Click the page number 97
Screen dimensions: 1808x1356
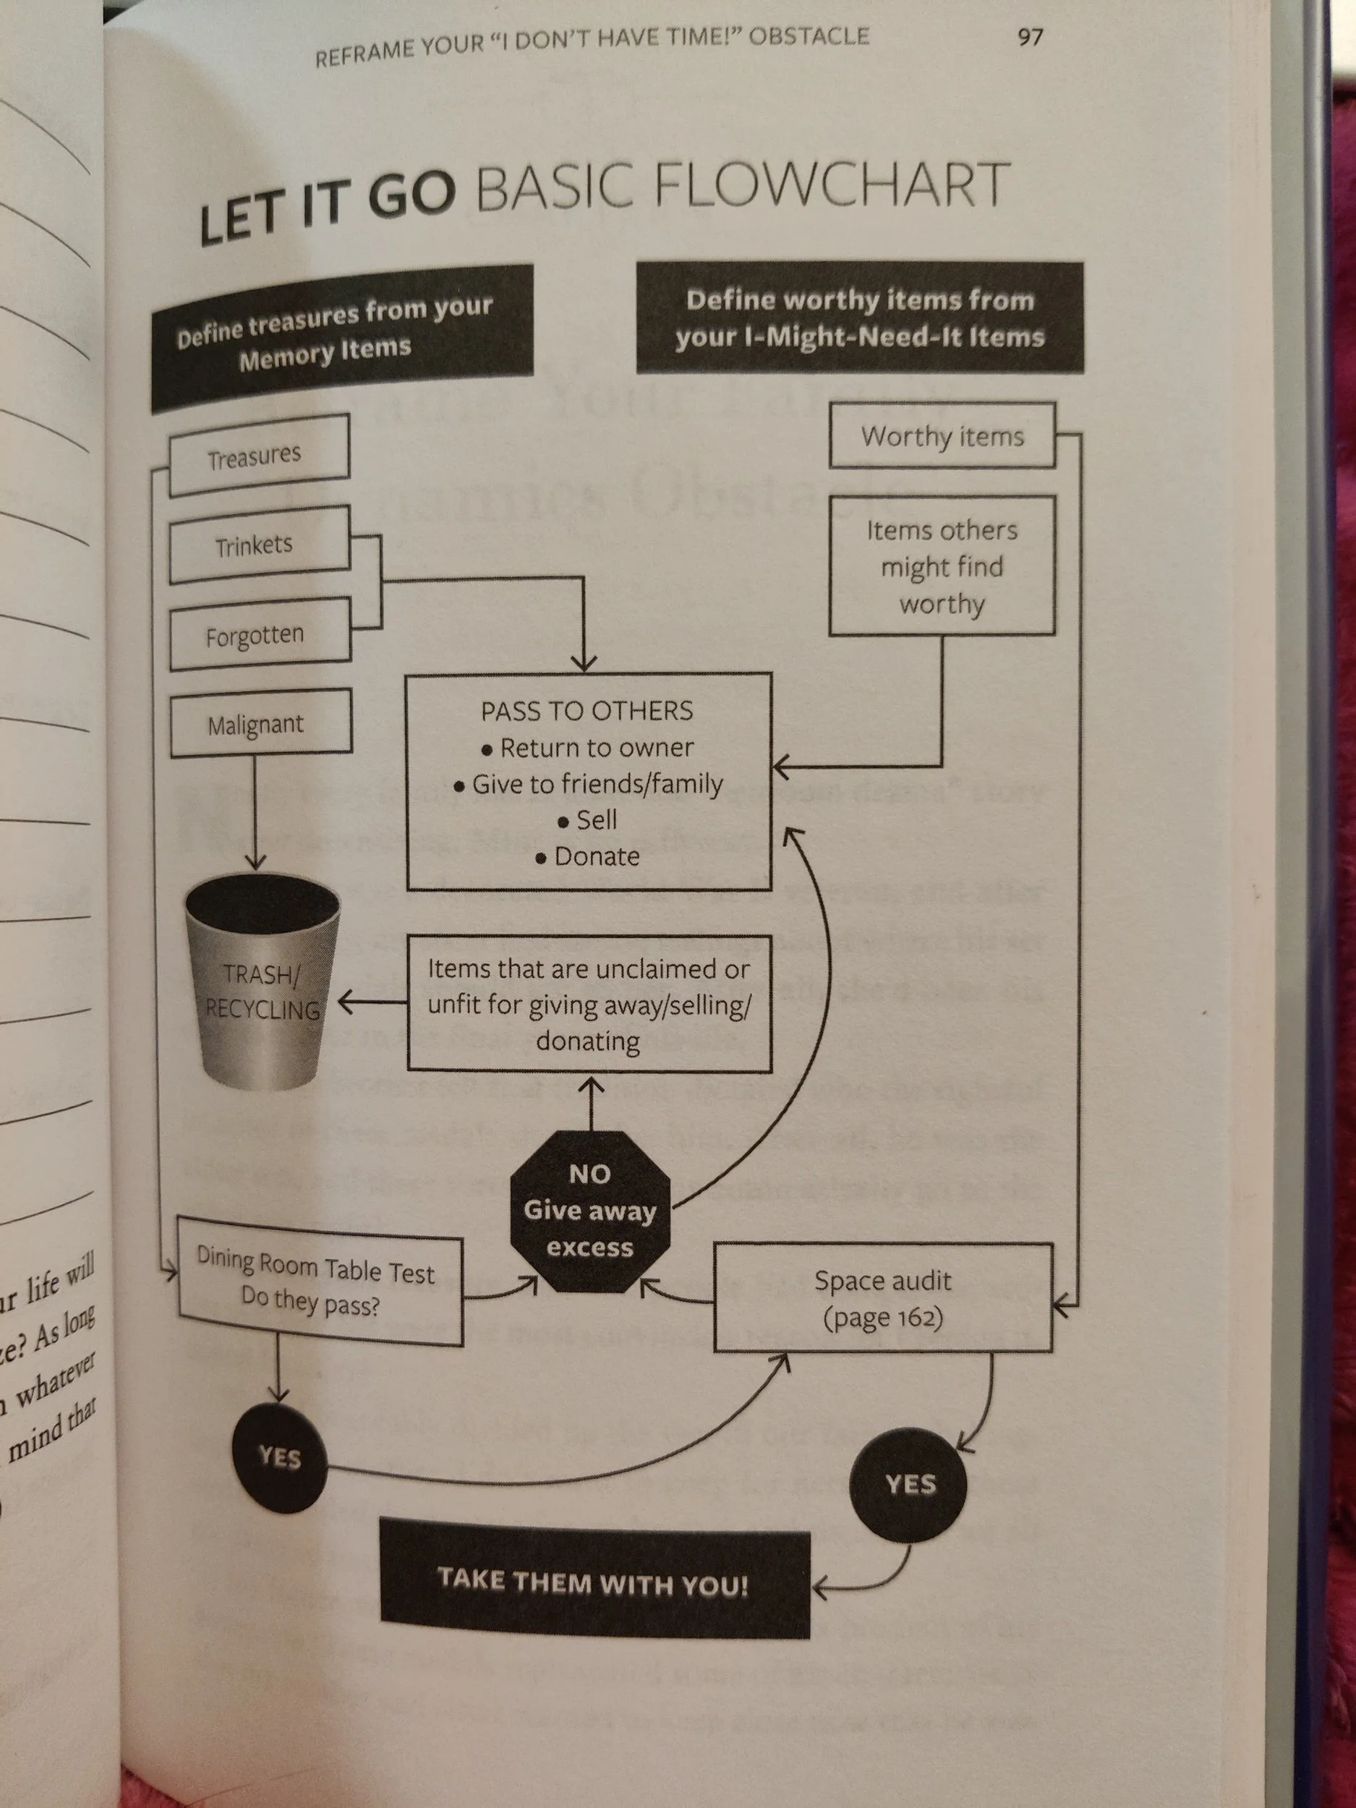(1029, 37)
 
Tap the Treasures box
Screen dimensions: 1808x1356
(258, 456)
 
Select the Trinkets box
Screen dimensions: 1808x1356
(258, 545)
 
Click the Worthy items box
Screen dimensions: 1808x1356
(942, 435)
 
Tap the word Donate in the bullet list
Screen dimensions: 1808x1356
(597, 856)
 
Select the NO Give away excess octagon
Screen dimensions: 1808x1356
(589, 1211)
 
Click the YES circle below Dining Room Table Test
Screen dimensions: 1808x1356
(280, 1457)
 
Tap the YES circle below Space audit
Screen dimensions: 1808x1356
(909, 1483)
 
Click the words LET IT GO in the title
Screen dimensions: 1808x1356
(327, 205)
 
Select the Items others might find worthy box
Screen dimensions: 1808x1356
(942, 566)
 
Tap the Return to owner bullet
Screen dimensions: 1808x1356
(596, 747)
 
